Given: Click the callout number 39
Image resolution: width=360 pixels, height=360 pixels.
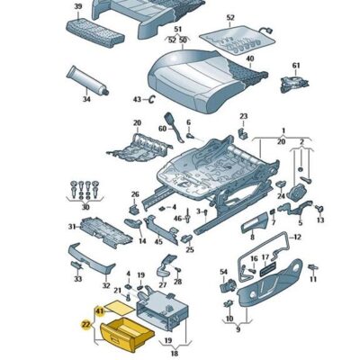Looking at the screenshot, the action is tap(78, 6).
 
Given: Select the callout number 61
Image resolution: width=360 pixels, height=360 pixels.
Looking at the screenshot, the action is tap(296, 65).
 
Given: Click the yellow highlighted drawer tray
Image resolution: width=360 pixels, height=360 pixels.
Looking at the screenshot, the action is tap(127, 335).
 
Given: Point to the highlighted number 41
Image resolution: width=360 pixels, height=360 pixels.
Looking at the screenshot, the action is tap(100, 311).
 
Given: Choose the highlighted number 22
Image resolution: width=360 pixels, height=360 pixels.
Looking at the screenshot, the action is tap(86, 325).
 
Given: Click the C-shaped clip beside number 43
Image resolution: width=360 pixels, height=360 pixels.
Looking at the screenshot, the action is tap(152, 99).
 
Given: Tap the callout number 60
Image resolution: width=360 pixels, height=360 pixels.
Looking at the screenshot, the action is tap(162, 129).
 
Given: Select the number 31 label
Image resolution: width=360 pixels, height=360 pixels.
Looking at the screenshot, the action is tap(72, 227).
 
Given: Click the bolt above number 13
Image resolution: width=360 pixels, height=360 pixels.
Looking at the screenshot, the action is tap(319, 208).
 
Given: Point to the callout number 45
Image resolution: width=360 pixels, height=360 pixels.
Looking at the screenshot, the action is tap(158, 242).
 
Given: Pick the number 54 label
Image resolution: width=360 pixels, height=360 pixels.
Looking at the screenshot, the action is tap(224, 272).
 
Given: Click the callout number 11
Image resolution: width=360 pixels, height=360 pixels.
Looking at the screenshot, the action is tap(313, 280).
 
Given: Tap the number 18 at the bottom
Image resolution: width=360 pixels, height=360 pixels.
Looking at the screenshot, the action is tap(175, 354).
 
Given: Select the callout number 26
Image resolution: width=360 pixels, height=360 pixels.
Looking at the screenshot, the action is tap(135, 194).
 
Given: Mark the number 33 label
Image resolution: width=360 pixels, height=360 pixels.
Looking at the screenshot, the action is tap(78, 279).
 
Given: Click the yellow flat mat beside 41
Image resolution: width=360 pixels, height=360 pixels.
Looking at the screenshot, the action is tap(121, 308).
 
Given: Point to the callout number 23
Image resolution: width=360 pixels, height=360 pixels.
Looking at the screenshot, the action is tap(243, 116).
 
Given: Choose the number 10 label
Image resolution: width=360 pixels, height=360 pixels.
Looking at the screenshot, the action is tap(229, 318).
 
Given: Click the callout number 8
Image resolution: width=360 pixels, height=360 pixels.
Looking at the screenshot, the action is tap(252, 238).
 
